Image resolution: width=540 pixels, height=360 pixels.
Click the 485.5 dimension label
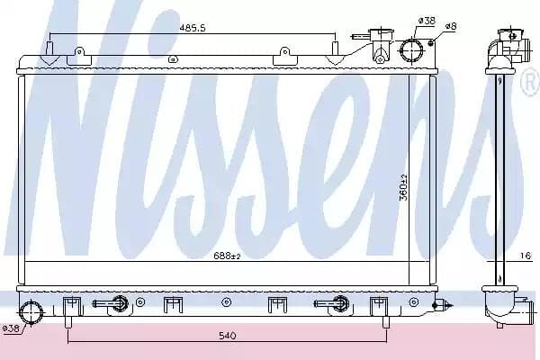click(x=193, y=28)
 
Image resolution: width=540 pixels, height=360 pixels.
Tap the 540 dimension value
click(x=228, y=335)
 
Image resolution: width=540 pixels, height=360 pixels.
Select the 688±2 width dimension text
click(x=227, y=256)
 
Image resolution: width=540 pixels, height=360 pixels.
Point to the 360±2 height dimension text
click(x=403, y=187)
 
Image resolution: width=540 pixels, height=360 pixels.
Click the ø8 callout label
click(x=451, y=26)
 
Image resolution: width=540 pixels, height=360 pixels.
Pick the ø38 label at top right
click(x=427, y=21)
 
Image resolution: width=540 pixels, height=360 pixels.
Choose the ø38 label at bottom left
click(x=11, y=328)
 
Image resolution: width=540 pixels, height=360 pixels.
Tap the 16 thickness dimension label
click(x=526, y=256)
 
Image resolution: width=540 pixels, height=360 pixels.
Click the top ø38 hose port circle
click(x=412, y=50)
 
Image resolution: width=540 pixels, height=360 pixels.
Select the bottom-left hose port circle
click(x=31, y=312)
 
